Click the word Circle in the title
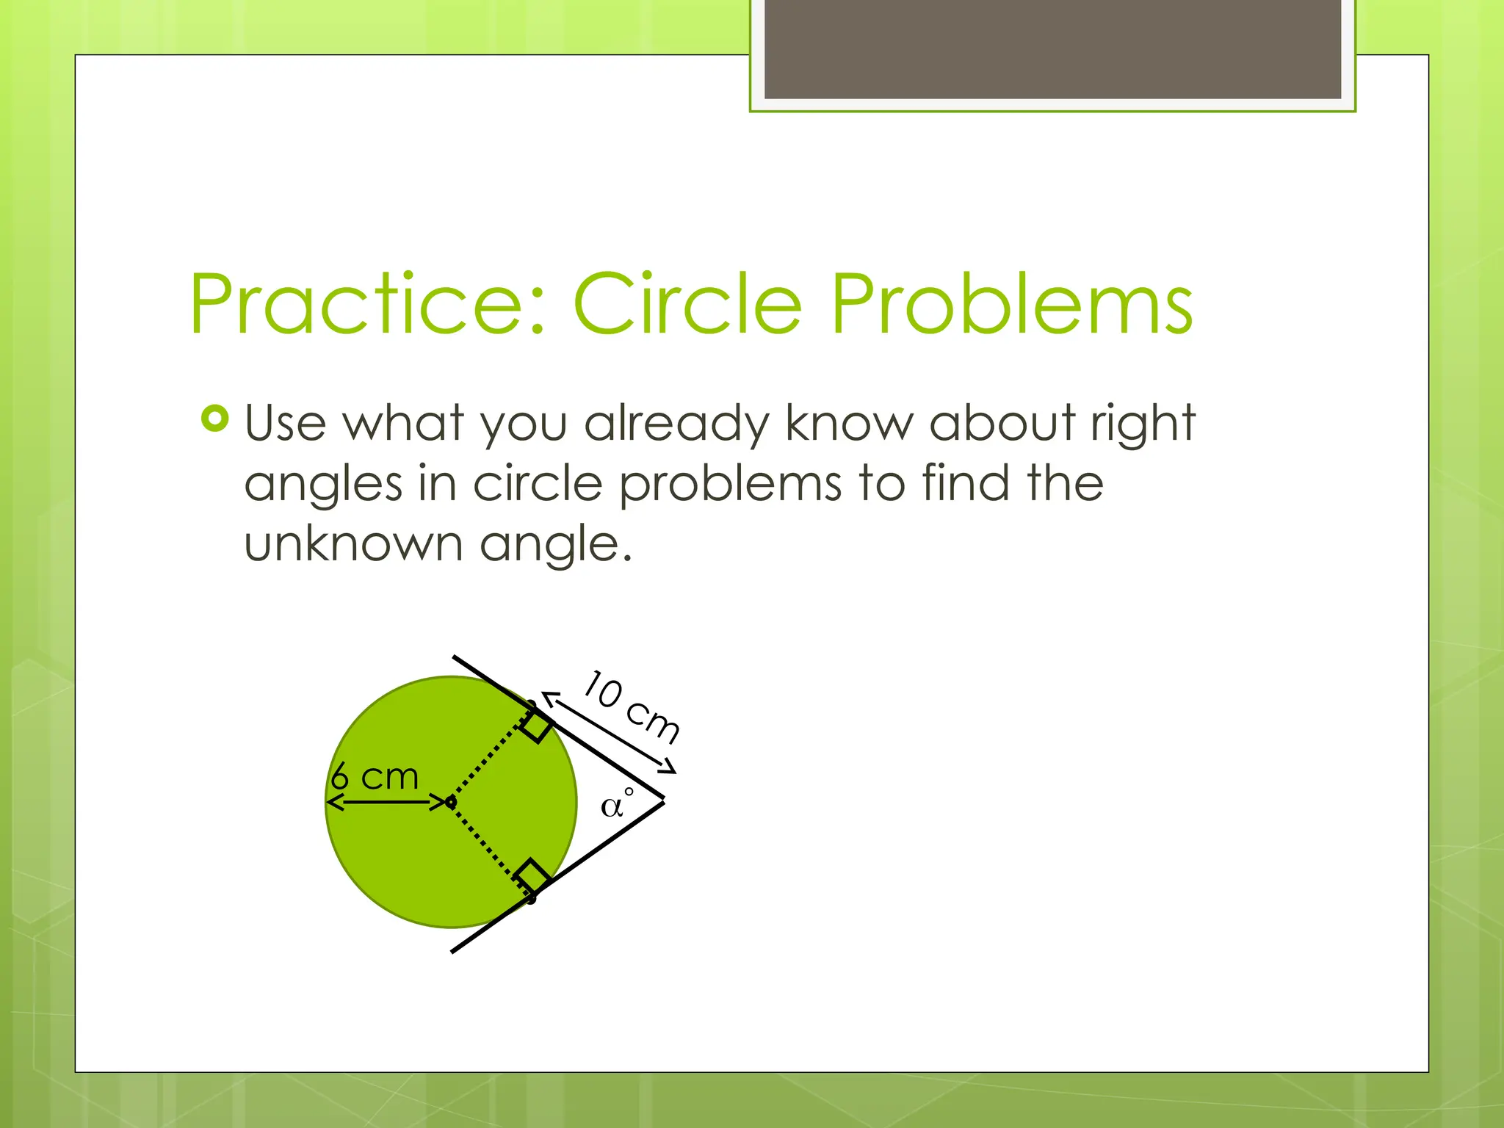tap(687, 304)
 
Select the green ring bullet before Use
tap(214, 419)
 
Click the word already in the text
tap(676, 424)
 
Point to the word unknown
tap(353, 544)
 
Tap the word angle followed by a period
tap(555, 546)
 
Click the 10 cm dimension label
tap(632, 706)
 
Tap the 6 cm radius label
tap(375, 777)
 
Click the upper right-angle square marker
tap(536, 726)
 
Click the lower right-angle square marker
tap(532, 875)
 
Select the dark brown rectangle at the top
tap(1052, 48)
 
